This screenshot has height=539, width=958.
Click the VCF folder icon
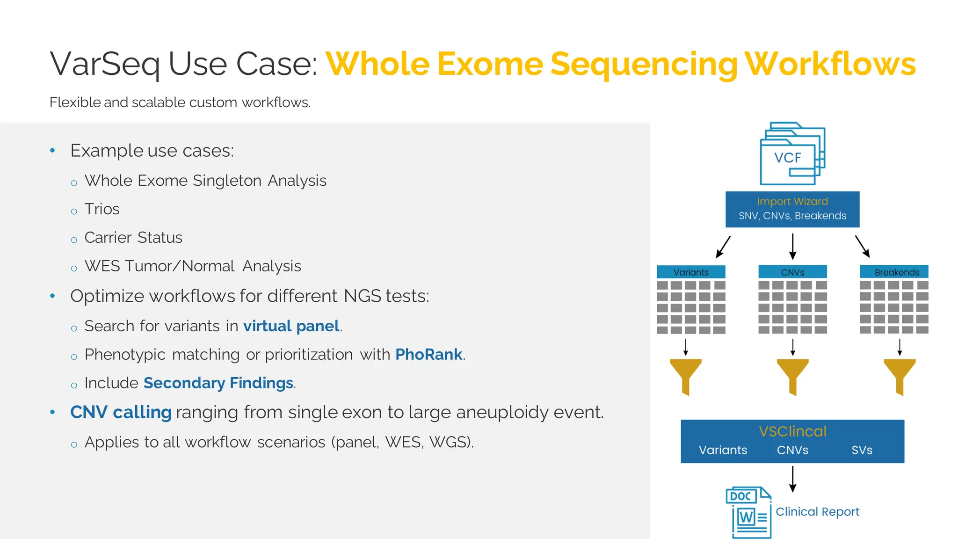[792, 154]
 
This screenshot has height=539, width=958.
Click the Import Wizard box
[792, 209]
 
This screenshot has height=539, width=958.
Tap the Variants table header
[691, 272]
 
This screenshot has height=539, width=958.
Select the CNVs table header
[792, 272]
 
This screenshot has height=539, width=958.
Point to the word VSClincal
[792, 431]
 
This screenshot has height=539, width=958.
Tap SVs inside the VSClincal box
[862, 450]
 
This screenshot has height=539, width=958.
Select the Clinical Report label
[817, 511]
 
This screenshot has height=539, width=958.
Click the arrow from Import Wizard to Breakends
[862, 246]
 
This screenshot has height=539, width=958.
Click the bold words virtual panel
[291, 326]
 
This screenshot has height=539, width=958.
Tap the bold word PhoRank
[428, 354]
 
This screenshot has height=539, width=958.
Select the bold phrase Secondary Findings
[218, 383]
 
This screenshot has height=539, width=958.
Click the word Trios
[102, 209]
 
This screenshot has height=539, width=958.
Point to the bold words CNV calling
[121, 412]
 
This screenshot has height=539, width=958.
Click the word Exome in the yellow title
[489, 64]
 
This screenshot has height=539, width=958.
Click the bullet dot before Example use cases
[52, 151]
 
